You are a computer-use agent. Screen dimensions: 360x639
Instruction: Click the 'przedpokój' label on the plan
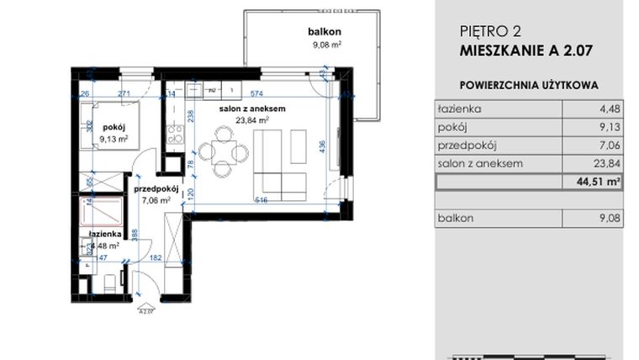point(152,190)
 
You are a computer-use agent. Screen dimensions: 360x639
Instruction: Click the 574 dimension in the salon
point(256,93)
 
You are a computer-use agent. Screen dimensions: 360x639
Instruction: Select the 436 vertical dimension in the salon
point(321,145)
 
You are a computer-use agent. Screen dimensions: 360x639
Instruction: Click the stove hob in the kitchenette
point(176,132)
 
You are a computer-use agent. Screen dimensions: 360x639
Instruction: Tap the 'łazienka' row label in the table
point(457,109)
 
